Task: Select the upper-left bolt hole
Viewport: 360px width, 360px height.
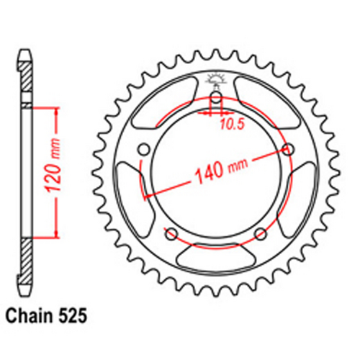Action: pos(144,149)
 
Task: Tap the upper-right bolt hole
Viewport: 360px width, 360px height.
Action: pos(289,149)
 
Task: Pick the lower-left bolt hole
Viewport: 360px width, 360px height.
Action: pos(171,234)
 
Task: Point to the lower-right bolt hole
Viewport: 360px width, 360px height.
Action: pos(261,234)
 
